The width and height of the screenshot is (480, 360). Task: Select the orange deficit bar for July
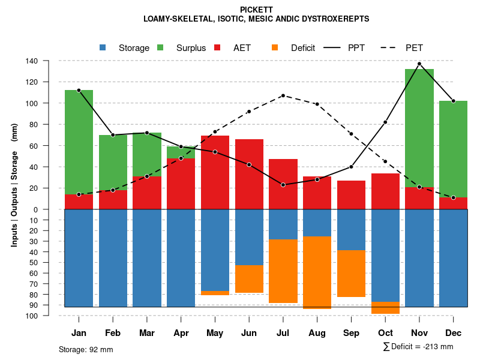[283, 271]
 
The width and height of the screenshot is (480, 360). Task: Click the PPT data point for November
[419, 64]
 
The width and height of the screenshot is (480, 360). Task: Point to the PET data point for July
[283, 95]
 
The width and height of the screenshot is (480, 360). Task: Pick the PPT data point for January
[79, 90]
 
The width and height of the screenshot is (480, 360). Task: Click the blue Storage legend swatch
[103, 47]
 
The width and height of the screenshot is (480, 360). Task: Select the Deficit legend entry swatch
[275, 47]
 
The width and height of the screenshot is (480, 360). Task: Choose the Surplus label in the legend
[191, 48]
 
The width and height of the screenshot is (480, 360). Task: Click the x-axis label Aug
[317, 333]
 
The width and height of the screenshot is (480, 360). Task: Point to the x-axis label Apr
[181, 333]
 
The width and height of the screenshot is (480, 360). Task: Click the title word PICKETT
[256, 10]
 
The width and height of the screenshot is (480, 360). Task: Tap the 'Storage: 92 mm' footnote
[86, 349]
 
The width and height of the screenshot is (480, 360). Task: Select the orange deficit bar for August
[317, 272]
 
